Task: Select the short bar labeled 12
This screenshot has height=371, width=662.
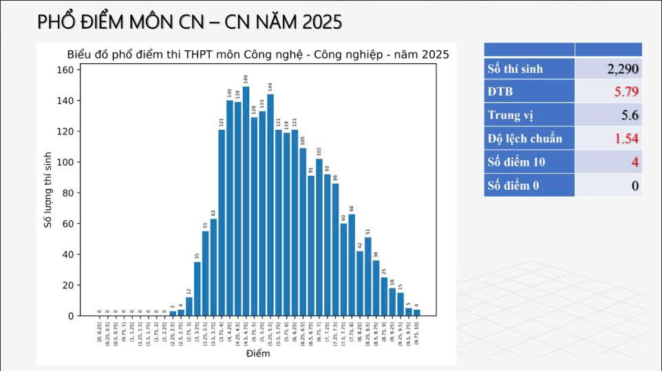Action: [x=189, y=306]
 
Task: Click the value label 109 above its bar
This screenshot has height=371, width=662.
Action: [x=303, y=140]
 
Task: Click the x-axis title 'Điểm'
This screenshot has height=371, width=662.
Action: [x=258, y=354]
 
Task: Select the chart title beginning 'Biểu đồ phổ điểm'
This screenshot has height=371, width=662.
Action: [x=258, y=54]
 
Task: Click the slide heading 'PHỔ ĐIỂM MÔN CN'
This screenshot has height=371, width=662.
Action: [x=189, y=22]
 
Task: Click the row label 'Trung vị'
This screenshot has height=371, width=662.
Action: [x=511, y=115]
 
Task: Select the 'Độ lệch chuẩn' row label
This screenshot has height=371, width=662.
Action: [x=524, y=138]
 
